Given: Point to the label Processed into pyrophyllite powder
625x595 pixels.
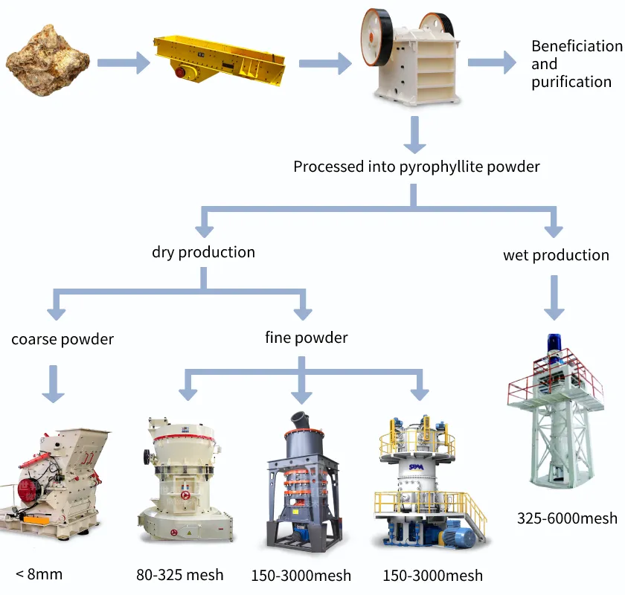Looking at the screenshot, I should tap(416, 167).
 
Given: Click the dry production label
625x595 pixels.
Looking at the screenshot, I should tap(203, 252).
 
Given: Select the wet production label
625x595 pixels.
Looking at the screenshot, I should tap(556, 255).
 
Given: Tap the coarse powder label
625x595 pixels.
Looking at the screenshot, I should tap(62, 339).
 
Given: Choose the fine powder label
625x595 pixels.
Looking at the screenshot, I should tap(306, 338).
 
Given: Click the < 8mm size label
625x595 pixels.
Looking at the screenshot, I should tap(39, 573).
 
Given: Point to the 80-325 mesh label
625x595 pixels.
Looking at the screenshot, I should tap(179, 575).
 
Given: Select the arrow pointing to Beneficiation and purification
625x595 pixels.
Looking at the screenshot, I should tap(491, 62).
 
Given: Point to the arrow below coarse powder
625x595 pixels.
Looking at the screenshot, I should tap(54, 383).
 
